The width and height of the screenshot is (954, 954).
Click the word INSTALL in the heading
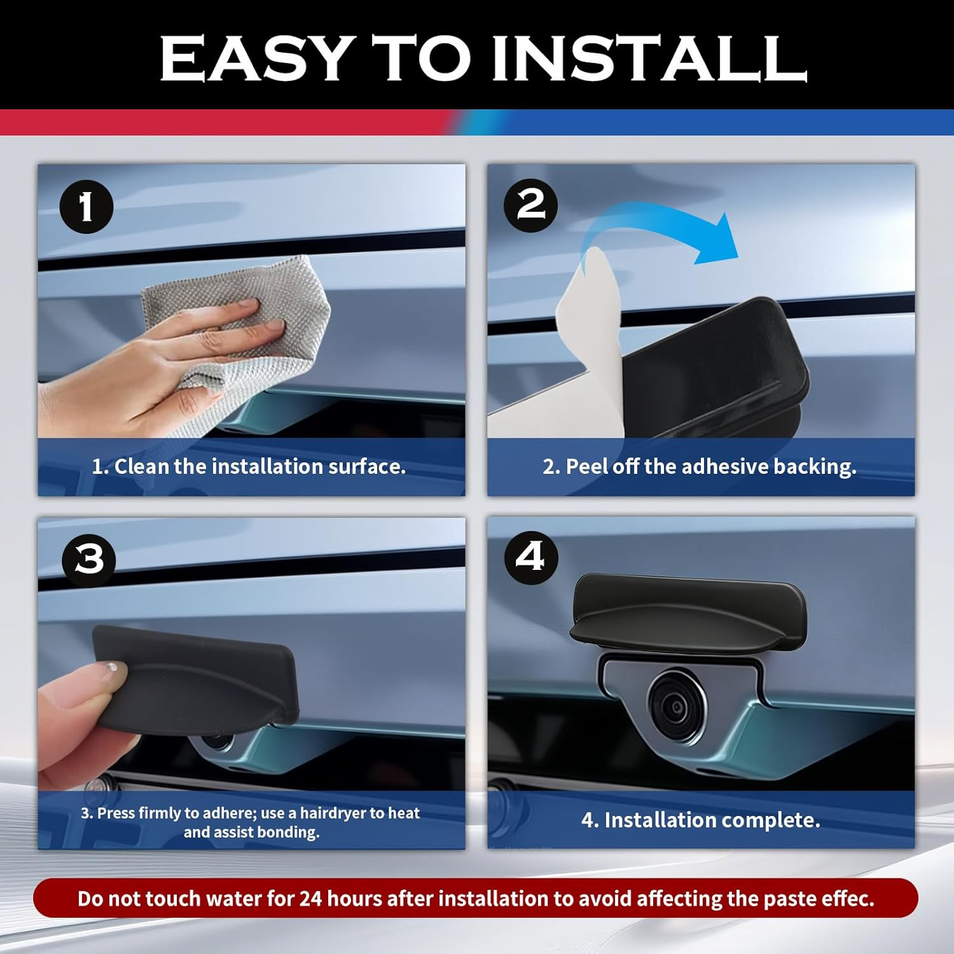[x=649, y=58]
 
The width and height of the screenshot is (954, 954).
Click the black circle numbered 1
[x=86, y=207]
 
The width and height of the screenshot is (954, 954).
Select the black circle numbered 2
[x=531, y=205]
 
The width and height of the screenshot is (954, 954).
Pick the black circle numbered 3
[x=89, y=560]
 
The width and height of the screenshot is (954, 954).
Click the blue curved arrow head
[x=715, y=238]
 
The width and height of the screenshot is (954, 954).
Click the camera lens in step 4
[x=675, y=704]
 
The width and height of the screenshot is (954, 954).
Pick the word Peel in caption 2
[x=587, y=466]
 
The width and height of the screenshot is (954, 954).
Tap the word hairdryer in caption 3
[x=332, y=813]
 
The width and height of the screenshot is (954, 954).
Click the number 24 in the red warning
[x=311, y=899]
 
